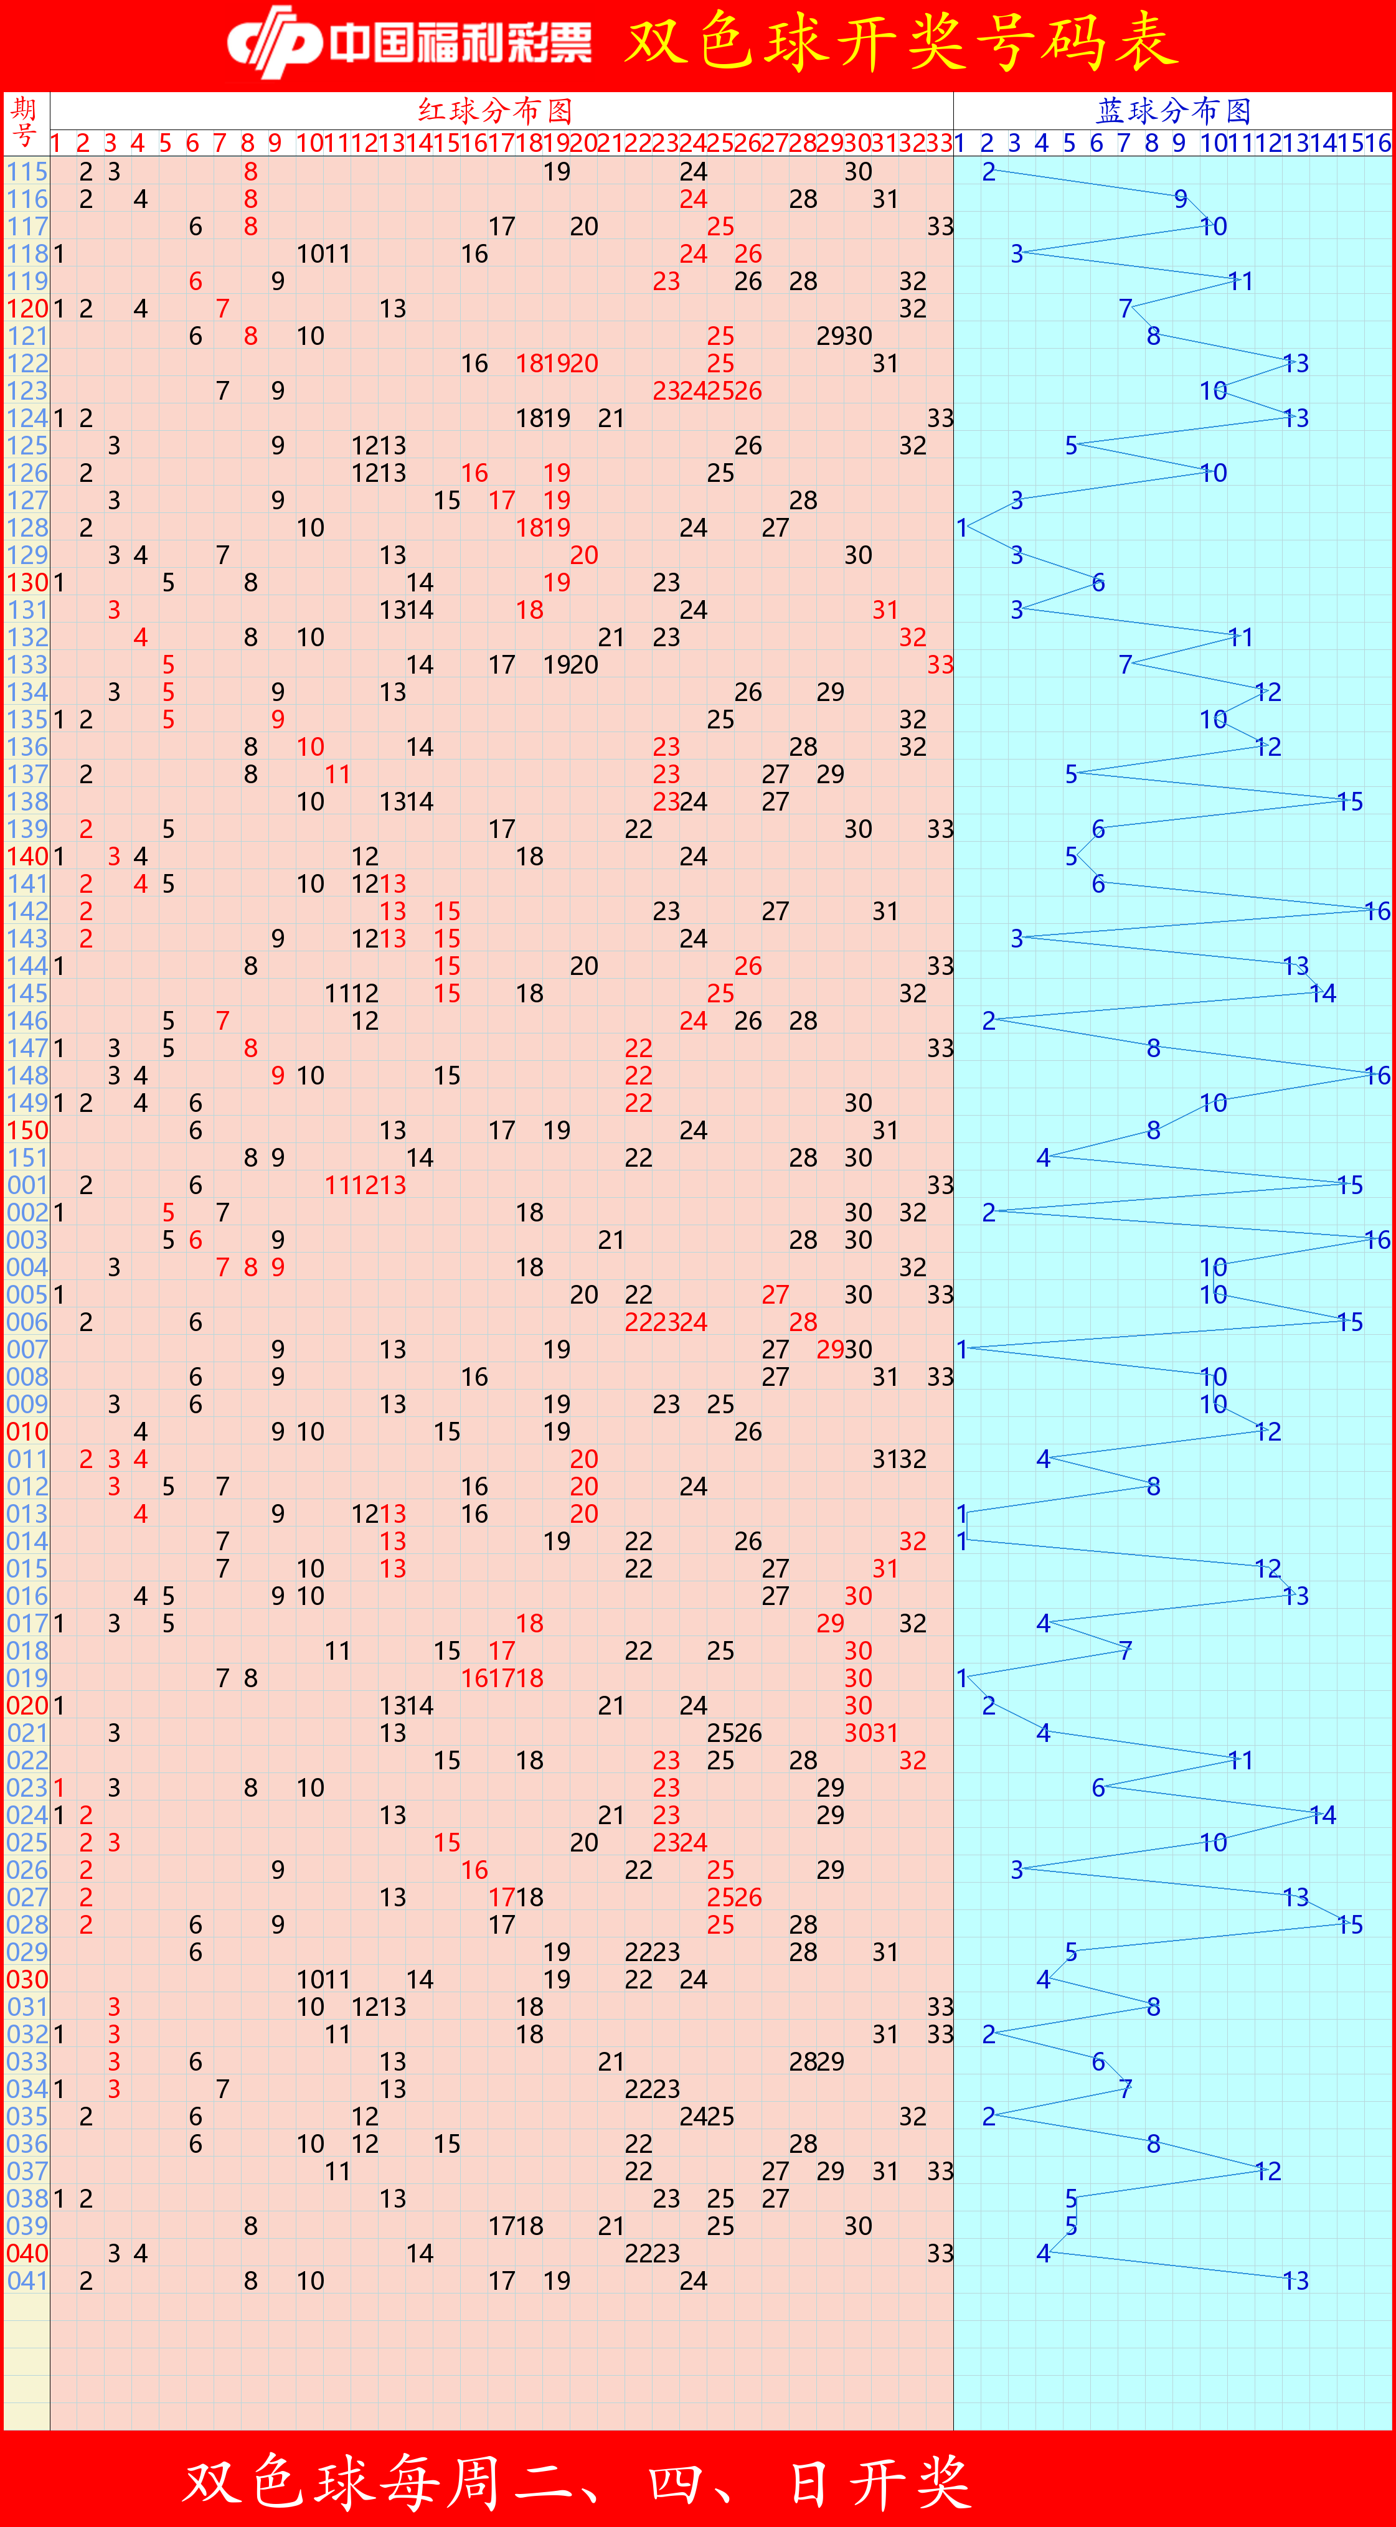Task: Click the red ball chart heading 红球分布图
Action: (496, 110)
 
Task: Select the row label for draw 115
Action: (27, 172)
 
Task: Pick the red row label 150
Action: (27, 1130)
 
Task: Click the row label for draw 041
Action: (27, 2280)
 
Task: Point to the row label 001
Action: (27, 1185)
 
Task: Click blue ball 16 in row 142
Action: (1377, 911)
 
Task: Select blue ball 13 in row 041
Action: (1295, 2280)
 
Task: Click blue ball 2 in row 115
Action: (989, 172)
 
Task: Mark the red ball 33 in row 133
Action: (940, 665)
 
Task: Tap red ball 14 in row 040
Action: (420, 2253)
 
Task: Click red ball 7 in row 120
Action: (223, 309)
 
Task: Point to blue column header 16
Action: (1377, 143)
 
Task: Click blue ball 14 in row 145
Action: (1323, 994)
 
